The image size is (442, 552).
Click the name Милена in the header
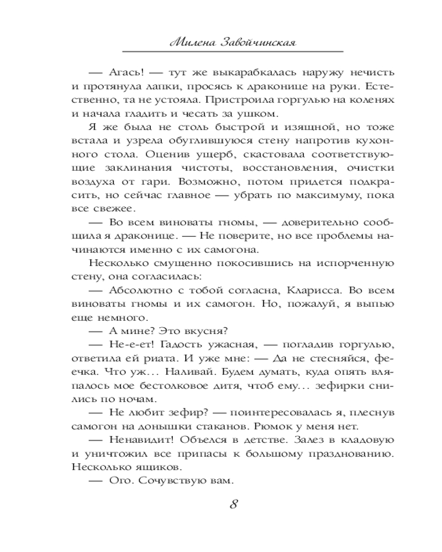pyautogui.click(x=189, y=40)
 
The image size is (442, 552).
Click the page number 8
pyautogui.click(x=233, y=503)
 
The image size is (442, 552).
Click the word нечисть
pyautogui.click(x=371, y=73)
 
